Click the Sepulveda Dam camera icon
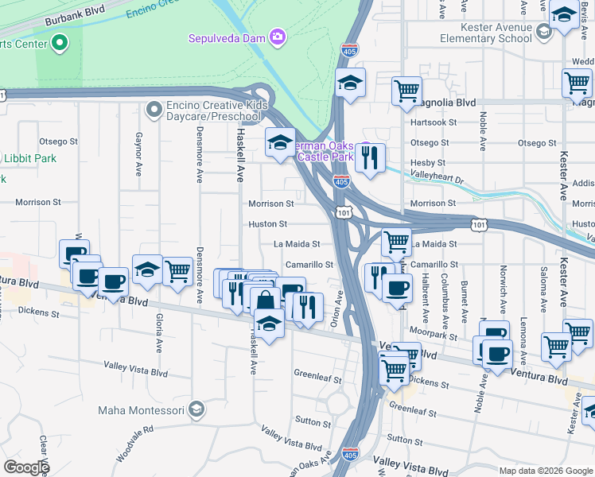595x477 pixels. [x=278, y=37]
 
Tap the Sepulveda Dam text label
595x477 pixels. [x=227, y=37]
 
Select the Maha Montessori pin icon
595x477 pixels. [x=196, y=410]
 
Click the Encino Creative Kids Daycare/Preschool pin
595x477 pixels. [x=154, y=107]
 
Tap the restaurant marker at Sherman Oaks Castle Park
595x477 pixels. [x=370, y=158]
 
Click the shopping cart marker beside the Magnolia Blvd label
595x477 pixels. [x=406, y=91]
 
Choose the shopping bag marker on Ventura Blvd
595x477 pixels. [x=266, y=301]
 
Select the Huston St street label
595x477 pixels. [x=267, y=224]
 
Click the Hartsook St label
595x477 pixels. [x=433, y=122]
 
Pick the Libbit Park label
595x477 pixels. [x=29, y=158]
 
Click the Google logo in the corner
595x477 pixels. [x=25, y=467]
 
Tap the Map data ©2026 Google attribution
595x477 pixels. [x=545, y=471]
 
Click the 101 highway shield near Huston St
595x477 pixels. [x=344, y=214]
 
